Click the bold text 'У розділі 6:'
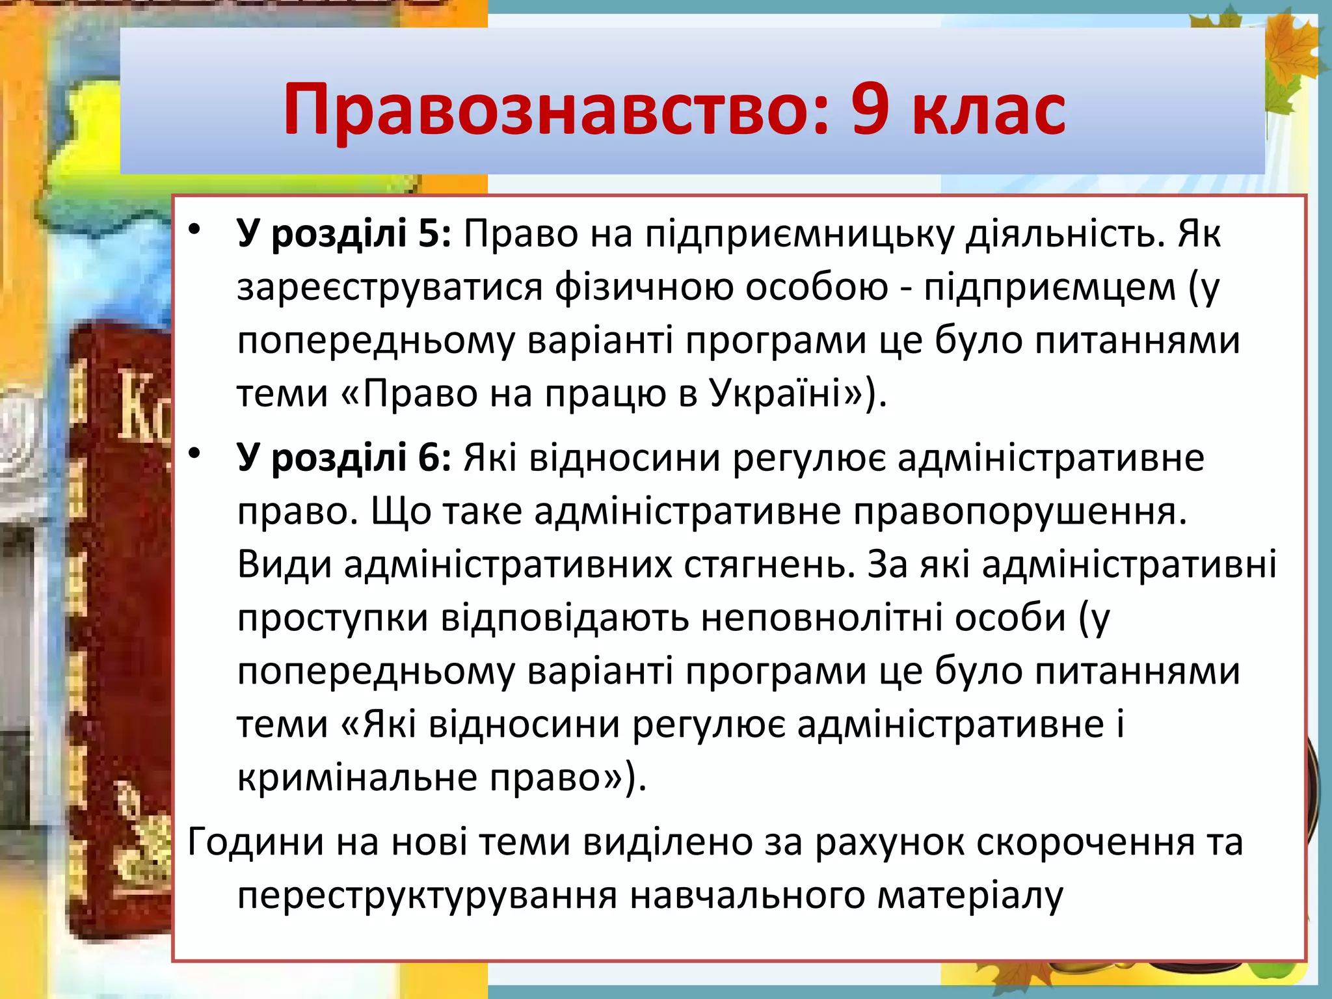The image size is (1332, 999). coord(343,457)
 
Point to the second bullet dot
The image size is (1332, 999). coord(194,453)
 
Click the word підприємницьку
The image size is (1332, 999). coord(799,234)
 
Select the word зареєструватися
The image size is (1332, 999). coord(390,287)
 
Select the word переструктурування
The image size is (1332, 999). coord(427,896)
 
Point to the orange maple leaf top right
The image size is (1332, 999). coord(1291,49)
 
